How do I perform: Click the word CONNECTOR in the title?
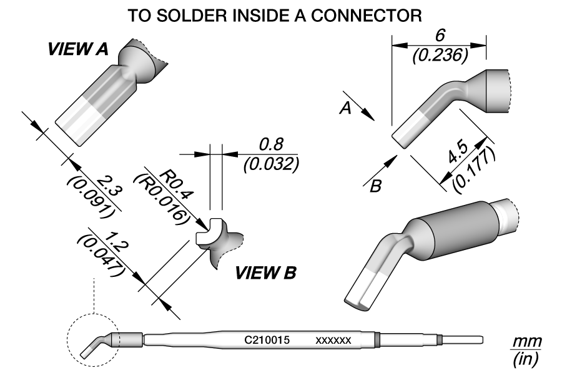[x=366, y=16]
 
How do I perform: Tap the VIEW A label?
[x=78, y=49]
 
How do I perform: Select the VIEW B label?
[x=265, y=273]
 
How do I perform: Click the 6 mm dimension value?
[x=440, y=36]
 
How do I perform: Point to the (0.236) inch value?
[x=440, y=56]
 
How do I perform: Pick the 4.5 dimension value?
[x=457, y=152]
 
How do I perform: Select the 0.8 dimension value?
[x=272, y=144]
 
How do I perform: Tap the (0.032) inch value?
[x=271, y=165]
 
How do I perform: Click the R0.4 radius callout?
[x=176, y=184]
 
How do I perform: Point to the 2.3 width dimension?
[x=109, y=186]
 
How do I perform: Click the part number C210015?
[x=267, y=340]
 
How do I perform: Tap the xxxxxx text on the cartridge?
[x=333, y=341]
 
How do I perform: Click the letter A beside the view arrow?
[x=345, y=108]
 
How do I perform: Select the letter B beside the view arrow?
[x=375, y=186]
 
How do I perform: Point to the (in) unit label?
[x=525, y=359]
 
